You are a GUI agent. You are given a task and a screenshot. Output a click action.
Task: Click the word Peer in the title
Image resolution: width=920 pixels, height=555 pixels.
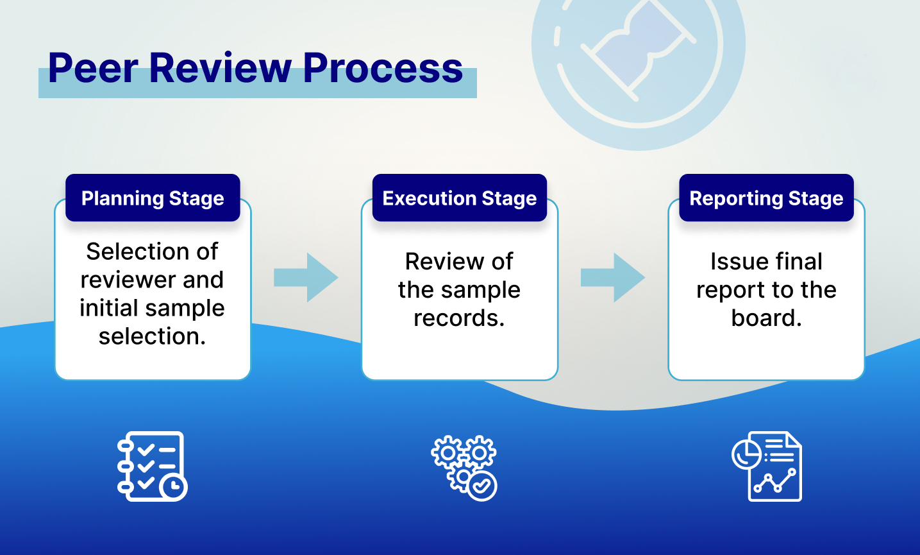pyautogui.click(x=92, y=68)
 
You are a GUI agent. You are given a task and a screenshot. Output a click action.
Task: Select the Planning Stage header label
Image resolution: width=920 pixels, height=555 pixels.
pyautogui.click(x=153, y=198)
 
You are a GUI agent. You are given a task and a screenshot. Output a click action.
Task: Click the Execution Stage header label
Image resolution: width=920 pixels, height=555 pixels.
pyautogui.click(x=459, y=198)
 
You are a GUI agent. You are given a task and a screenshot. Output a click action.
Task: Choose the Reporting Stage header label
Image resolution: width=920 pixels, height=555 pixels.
pyautogui.click(x=766, y=198)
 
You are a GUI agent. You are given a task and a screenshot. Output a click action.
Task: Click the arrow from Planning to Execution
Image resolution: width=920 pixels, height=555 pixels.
pyautogui.click(x=306, y=277)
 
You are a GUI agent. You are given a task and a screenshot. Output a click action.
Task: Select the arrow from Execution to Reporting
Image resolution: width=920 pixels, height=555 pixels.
pyautogui.click(x=612, y=277)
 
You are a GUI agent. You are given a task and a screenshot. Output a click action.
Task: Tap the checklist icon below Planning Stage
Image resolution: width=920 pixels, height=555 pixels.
pyautogui.click(x=152, y=466)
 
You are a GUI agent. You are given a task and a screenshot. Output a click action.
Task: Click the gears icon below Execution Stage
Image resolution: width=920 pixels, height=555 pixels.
pyautogui.click(x=464, y=467)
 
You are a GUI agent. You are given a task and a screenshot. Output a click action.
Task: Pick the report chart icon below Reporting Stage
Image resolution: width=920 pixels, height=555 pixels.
pyautogui.click(x=767, y=466)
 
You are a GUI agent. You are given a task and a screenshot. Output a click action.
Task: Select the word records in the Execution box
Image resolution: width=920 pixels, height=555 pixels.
pyautogui.click(x=458, y=318)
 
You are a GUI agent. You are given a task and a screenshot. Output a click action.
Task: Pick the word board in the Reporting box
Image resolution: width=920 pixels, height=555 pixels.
pyautogui.click(x=765, y=318)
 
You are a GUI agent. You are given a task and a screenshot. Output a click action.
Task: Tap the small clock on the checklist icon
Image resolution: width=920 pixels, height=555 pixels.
pyautogui.click(x=172, y=487)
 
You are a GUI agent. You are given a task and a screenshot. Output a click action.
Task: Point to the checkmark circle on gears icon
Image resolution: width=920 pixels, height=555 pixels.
pyautogui.click(x=482, y=486)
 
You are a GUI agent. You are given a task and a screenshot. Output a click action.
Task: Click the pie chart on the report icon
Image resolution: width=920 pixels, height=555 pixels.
pyautogui.click(x=746, y=454)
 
